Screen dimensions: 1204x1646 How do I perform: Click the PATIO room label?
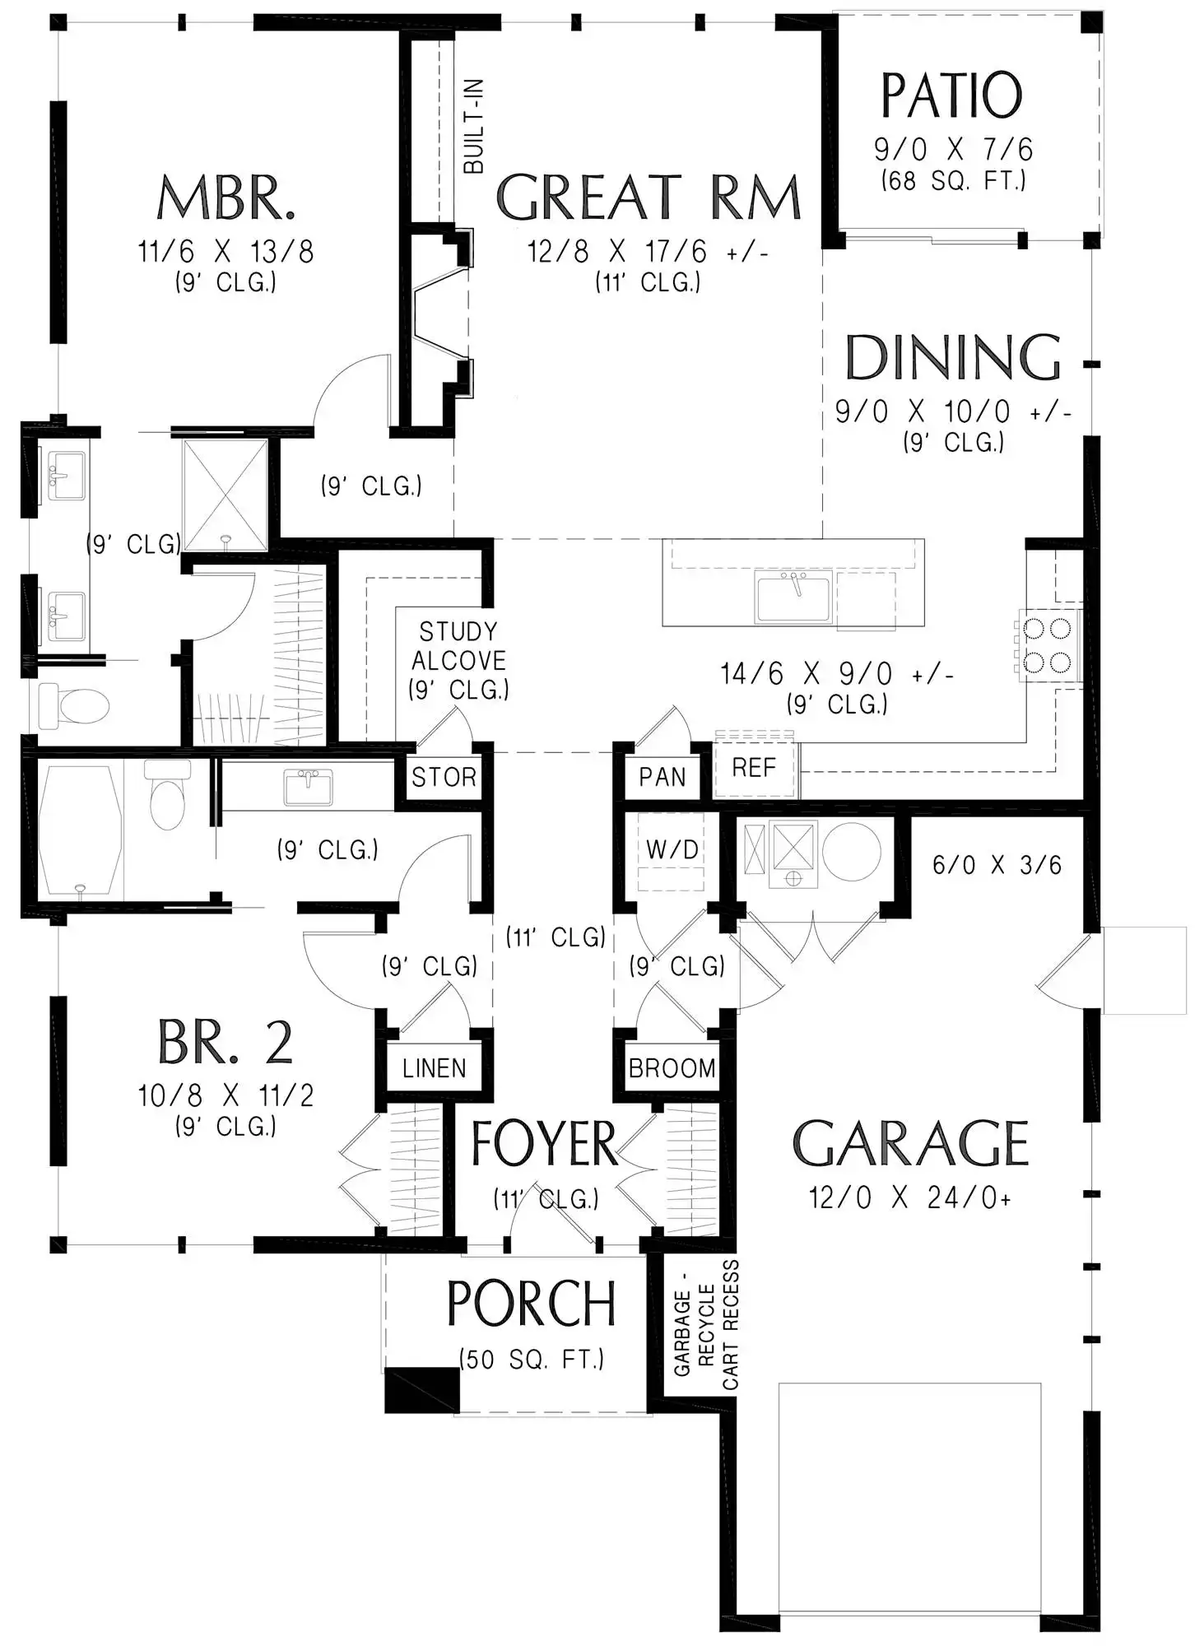point(952,96)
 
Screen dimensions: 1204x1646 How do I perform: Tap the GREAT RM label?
point(648,198)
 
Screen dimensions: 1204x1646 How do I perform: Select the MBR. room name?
point(226,198)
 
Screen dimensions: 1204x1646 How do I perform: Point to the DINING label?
point(953,357)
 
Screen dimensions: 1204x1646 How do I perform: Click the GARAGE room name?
point(910,1144)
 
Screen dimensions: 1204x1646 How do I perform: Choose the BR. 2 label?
point(225,1043)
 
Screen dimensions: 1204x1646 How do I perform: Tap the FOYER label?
point(544,1144)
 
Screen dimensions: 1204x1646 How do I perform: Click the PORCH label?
point(532,1304)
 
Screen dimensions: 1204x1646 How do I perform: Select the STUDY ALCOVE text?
point(458,646)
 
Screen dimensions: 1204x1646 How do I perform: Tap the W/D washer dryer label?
point(672,849)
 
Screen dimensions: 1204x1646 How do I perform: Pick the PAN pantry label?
point(662,777)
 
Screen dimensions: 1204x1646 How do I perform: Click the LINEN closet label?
point(434,1068)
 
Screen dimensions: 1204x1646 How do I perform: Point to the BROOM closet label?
point(672,1068)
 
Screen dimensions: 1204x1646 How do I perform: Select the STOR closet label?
point(444,777)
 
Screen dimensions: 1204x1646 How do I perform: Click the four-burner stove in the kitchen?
point(1048,646)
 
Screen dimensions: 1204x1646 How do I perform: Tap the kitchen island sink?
point(793,597)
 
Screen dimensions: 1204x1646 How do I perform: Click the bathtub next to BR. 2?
point(80,830)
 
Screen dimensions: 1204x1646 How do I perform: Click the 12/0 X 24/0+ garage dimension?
point(909,1197)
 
